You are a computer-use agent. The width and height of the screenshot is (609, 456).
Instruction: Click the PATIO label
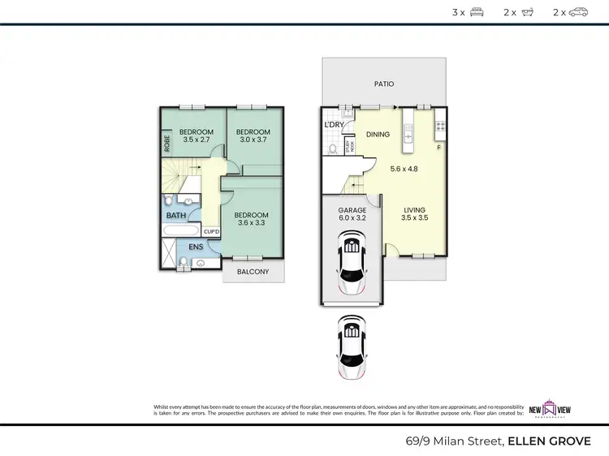point(384,83)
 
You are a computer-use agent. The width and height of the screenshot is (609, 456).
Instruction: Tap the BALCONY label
point(253,272)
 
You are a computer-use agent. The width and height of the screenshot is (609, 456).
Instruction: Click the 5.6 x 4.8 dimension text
point(404,169)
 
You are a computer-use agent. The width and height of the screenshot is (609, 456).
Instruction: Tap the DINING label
point(378,135)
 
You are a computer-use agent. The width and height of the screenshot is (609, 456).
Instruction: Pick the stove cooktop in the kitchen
point(441,125)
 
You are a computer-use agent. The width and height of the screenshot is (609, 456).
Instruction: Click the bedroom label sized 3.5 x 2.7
point(196,136)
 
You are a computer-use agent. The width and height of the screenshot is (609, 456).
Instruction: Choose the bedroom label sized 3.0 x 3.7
point(252,136)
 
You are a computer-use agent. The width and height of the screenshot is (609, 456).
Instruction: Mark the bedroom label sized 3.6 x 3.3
point(251,219)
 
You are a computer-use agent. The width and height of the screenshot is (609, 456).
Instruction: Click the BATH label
point(176,216)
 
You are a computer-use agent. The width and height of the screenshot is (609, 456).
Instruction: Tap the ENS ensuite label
point(197,246)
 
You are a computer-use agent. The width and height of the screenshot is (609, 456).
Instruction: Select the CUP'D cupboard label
point(211,231)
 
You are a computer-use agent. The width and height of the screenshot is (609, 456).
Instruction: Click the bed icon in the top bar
point(477,12)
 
